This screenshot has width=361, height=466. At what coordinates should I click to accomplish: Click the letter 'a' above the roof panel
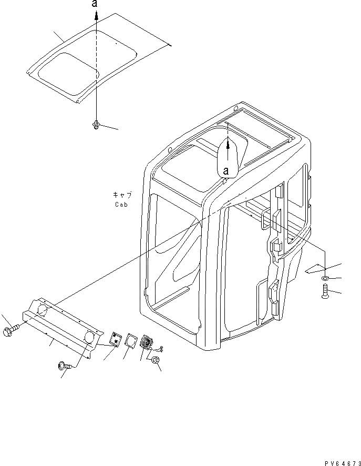[95, 4]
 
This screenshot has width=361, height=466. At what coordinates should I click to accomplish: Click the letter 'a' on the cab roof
[226, 170]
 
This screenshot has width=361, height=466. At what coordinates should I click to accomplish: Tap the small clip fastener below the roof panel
[97, 125]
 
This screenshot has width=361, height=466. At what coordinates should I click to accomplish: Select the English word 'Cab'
[121, 205]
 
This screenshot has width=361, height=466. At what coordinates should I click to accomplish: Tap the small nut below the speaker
[156, 361]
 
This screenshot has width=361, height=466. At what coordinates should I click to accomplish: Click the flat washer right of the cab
[325, 278]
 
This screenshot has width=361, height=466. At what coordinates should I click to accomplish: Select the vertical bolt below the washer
[324, 291]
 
